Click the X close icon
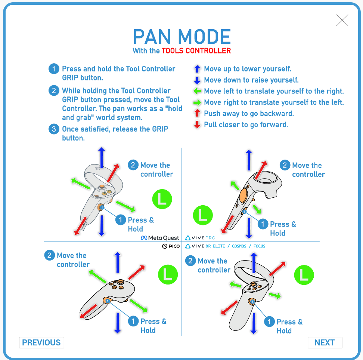[342, 21]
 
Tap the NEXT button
[325, 342]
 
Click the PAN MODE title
[182, 37]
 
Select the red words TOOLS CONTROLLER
[196, 50]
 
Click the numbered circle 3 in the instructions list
[54, 129]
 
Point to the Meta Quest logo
[160, 238]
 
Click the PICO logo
[171, 246]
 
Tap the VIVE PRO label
[201, 238]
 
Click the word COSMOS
[239, 246]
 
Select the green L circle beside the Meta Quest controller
[162, 199]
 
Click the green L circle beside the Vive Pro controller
[203, 215]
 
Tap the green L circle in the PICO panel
[168, 274]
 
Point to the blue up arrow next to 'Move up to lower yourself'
[197, 69]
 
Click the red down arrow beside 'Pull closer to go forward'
[197, 124]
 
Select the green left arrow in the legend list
[197, 91]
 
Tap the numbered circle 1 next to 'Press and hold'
[54, 69]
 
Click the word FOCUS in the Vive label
[259, 246]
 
